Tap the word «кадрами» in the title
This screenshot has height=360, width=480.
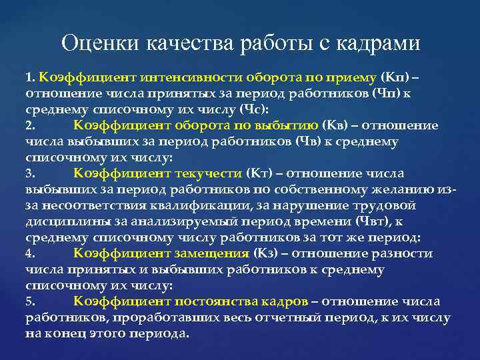[x=381, y=43]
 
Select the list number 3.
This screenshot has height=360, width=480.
[x=30, y=173]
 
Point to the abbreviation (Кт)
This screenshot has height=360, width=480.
[x=259, y=173]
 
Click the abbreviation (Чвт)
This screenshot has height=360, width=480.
[x=382, y=221]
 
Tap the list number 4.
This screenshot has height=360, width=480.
[x=30, y=253]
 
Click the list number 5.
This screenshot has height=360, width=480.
[x=30, y=301]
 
